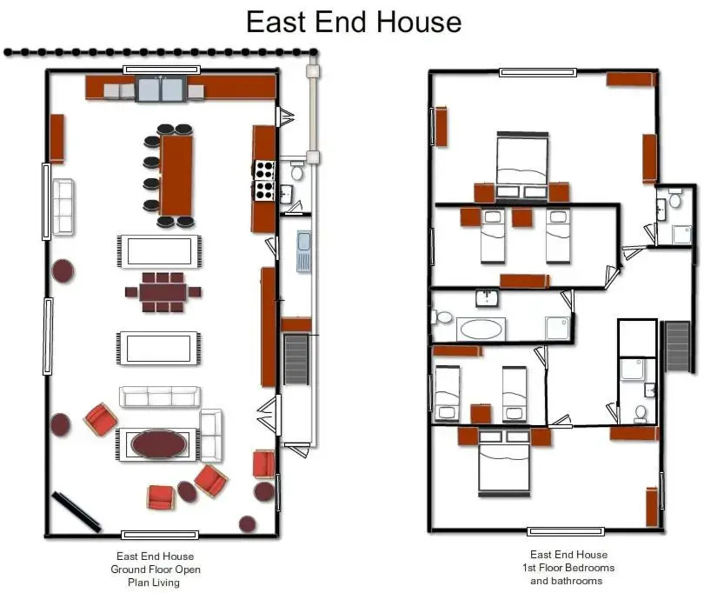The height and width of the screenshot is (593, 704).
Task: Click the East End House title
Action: click(x=354, y=22)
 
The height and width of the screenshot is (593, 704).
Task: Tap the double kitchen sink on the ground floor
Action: click(x=160, y=89)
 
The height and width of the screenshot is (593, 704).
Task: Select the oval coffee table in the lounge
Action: click(x=158, y=444)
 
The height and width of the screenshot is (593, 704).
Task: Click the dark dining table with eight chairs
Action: click(x=163, y=292)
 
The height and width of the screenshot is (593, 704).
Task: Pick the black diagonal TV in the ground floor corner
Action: click(x=76, y=511)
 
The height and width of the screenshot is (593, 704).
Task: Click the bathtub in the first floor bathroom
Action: click(x=481, y=330)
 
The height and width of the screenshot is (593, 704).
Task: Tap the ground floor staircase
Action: click(x=296, y=359)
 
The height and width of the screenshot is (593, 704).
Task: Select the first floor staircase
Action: click(x=677, y=346)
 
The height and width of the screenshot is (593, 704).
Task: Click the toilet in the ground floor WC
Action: click(x=296, y=170)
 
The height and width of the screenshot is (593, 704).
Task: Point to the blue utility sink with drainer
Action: click(x=303, y=251)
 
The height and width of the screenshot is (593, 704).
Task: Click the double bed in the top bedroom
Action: click(x=522, y=164)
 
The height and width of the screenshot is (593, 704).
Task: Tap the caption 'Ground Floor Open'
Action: click(x=156, y=570)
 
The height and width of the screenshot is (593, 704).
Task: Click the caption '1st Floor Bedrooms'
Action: click(x=568, y=568)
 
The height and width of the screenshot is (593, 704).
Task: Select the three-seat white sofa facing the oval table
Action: click(x=159, y=396)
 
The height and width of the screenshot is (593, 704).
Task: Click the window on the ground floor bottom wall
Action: click(x=160, y=535)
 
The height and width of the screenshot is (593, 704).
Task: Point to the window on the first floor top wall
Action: click(x=538, y=72)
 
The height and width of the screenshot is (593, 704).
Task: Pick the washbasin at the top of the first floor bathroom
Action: click(x=487, y=298)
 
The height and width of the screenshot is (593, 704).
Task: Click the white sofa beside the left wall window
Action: click(x=63, y=207)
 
